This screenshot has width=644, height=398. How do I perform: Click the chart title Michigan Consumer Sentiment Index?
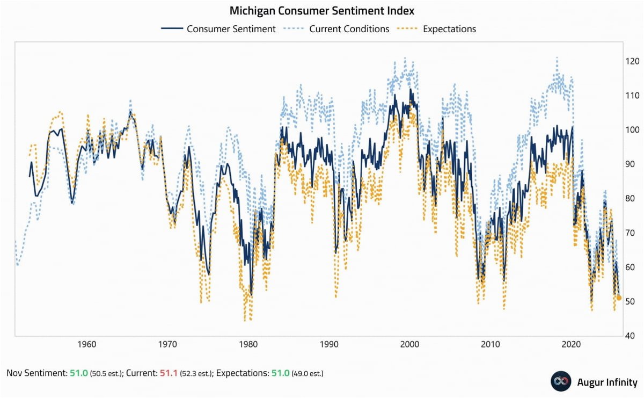pos(322,11)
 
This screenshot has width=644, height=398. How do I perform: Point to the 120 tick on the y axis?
pos(633,61)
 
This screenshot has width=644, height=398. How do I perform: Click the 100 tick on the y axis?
pos(633,130)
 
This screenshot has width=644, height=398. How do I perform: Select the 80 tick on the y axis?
pos(632,199)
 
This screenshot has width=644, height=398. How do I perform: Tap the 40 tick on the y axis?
pos(632,336)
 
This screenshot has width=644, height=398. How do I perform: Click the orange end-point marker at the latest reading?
pos(619,298)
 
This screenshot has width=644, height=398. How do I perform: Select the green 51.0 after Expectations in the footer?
pos(280,372)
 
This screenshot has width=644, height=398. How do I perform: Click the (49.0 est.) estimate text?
pos(308,373)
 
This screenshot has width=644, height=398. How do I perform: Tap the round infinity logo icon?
pos(561,381)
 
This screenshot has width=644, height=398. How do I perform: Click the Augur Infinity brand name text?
pos(607,382)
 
